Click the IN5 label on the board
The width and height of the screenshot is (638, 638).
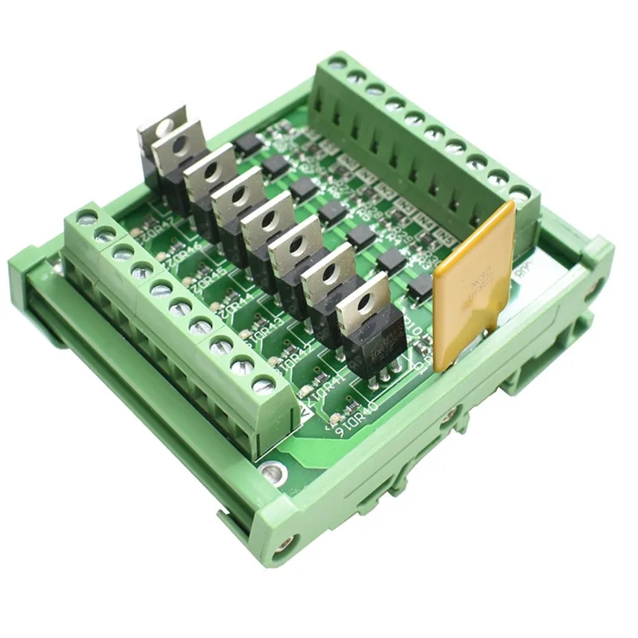click(444, 238)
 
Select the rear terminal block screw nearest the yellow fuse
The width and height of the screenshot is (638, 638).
click(519, 193)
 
